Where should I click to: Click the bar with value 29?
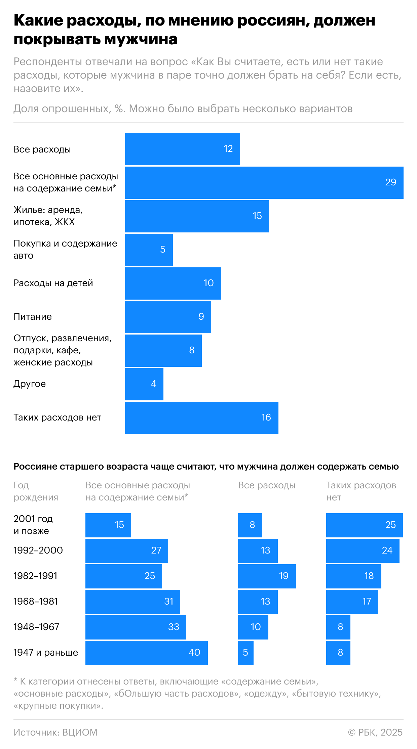tap(264, 183)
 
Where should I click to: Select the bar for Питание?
tap(168, 317)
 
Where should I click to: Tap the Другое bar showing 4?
tap(144, 384)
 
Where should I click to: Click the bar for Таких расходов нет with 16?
tap(201, 418)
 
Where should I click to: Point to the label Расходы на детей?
tap(53, 283)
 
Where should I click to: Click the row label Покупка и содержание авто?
tap(65, 249)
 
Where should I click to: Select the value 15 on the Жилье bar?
tap(257, 216)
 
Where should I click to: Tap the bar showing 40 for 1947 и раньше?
tap(146, 653)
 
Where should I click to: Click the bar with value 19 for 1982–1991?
tap(267, 576)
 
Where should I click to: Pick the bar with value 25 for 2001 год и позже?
tap(364, 525)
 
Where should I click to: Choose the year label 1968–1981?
tap(36, 601)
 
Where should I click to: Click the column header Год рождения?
tap(36, 491)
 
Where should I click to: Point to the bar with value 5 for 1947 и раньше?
tap(245, 653)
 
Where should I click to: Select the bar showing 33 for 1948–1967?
tap(136, 627)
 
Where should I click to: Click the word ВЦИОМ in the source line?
tap(80, 732)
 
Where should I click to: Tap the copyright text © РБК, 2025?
tap(375, 732)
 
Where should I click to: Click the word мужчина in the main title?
tap(141, 40)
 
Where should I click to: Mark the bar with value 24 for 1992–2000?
tap(363, 550)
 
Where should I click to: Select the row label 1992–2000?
tap(38, 550)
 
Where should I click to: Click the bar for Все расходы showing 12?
tap(182, 149)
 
